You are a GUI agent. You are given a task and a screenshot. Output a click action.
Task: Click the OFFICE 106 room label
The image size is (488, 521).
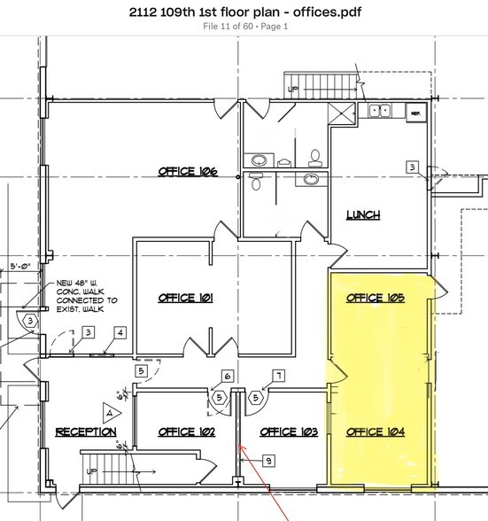pos(188,171)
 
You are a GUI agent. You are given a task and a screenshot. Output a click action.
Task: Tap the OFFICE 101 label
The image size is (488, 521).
pos(186,298)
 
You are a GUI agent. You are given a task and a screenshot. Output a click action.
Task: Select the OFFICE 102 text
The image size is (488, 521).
pos(186,432)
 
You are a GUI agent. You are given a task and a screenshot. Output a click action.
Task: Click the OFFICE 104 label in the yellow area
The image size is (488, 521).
pos(376,432)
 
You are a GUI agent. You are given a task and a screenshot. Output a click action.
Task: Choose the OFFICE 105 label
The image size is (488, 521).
pos(376,298)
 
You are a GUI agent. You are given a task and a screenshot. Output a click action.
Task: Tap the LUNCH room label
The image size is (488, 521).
pos(363,214)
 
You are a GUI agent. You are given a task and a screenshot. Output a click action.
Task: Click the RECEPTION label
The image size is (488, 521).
pos(86,432)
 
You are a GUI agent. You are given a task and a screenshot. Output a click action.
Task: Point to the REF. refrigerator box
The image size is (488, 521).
pos(414,113)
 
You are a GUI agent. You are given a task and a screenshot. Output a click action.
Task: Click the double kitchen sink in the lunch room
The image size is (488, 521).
pos(382,111)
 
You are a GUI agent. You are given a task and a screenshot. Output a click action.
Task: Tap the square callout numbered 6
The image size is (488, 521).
pos(227,376)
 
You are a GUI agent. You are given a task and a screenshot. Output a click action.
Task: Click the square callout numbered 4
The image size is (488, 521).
pos(120,333)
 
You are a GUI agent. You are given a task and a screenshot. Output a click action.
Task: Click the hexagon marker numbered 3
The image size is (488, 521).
pos(30,321)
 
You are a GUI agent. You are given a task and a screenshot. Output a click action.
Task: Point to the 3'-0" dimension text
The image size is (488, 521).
pos(19,264)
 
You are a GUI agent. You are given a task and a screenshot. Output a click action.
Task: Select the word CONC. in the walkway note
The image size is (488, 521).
pos(68,295)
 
